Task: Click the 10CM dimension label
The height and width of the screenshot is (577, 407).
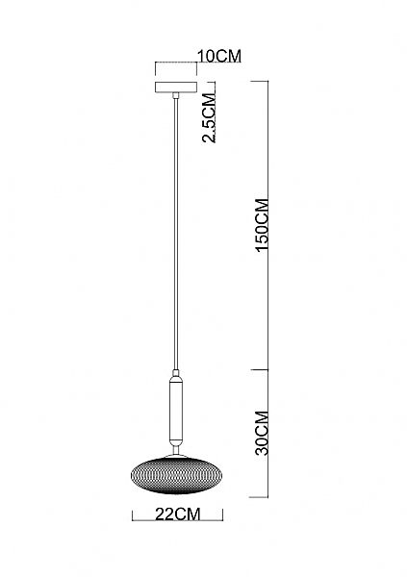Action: click(x=219, y=57)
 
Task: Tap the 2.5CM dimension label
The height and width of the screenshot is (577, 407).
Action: click(x=209, y=118)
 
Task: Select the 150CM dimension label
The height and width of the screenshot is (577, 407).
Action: click(x=263, y=225)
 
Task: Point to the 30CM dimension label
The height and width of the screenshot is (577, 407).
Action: click(x=263, y=433)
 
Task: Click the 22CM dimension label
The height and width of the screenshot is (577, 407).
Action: click(x=178, y=514)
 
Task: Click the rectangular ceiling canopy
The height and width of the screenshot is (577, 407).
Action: click(x=176, y=88)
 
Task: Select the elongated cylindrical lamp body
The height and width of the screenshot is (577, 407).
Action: click(x=176, y=410)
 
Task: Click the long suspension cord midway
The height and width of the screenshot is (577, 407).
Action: click(x=176, y=233)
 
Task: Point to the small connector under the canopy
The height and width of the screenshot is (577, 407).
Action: click(x=176, y=95)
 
